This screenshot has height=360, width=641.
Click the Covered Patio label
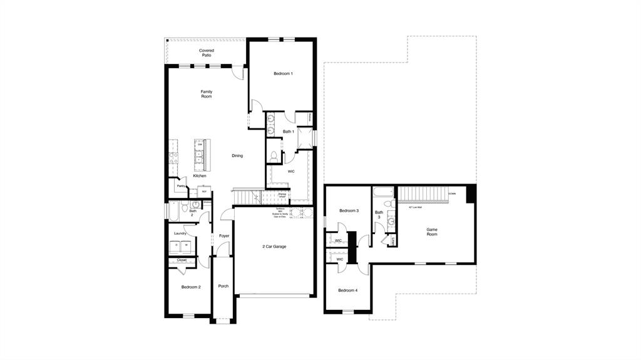point(206,53)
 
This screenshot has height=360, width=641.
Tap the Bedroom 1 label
point(283,74)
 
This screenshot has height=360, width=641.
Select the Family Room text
point(206,94)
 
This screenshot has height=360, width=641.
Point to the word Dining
point(237,156)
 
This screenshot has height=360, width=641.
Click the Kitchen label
point(199,176)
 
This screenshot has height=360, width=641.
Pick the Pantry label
point(180,186)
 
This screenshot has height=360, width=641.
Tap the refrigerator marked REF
point(204,192)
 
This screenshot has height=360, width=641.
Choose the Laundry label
point(181,234)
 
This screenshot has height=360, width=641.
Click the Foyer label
point(223,236)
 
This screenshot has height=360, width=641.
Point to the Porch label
point(223,286)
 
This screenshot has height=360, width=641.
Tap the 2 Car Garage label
point(274,247)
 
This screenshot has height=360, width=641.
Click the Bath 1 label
point(288,131)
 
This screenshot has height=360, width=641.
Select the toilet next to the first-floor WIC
point(274,155)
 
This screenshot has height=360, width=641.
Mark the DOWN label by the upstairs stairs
point(452,194)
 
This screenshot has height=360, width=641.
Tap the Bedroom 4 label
point(348,291)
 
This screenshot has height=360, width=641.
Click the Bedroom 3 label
point(349,211)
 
